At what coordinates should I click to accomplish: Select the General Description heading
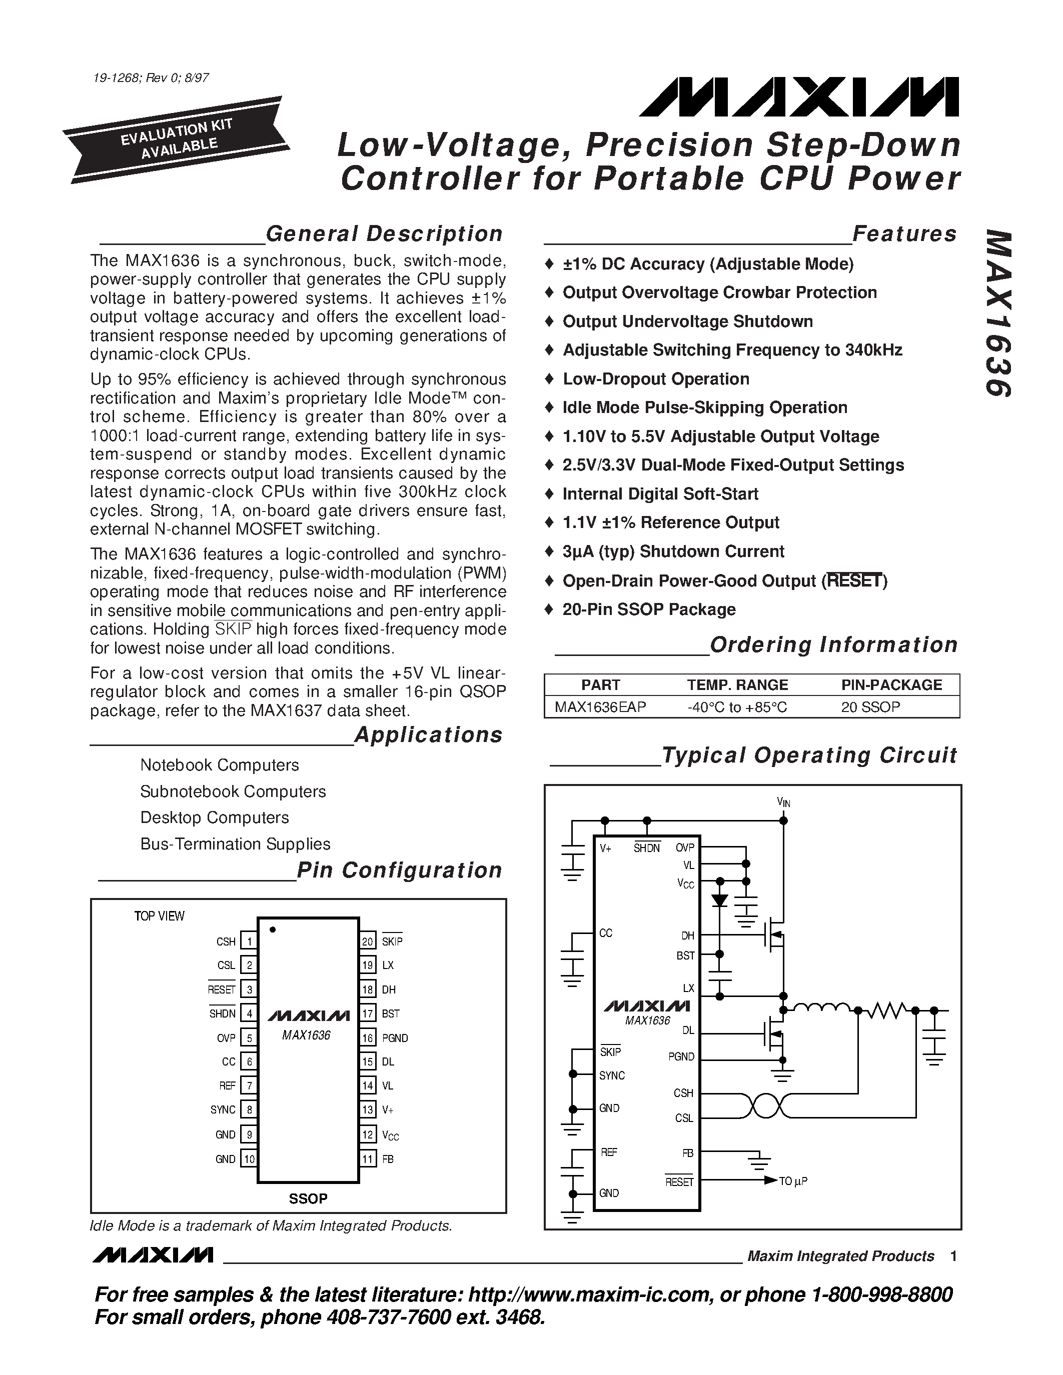(384, 233)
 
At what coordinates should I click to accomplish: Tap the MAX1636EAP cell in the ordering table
(600, 707)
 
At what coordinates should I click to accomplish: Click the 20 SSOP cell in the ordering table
(870, 707)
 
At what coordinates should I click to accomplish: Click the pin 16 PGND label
(395, 1038)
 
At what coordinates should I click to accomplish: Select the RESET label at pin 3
(222, 989)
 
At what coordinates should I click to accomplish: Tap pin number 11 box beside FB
(368, 1159)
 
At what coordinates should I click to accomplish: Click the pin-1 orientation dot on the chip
(273, 929)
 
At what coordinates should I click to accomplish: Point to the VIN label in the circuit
(783, 802)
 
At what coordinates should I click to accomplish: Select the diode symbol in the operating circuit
(719, 901)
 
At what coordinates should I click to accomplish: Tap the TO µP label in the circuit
(793, 1181)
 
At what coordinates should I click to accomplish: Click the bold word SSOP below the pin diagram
(308, 1198)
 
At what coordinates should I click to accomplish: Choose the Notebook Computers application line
(219, 765)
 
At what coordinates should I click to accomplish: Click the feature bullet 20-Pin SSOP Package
(649, 609)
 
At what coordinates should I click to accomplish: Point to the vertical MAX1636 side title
(997, 313)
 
